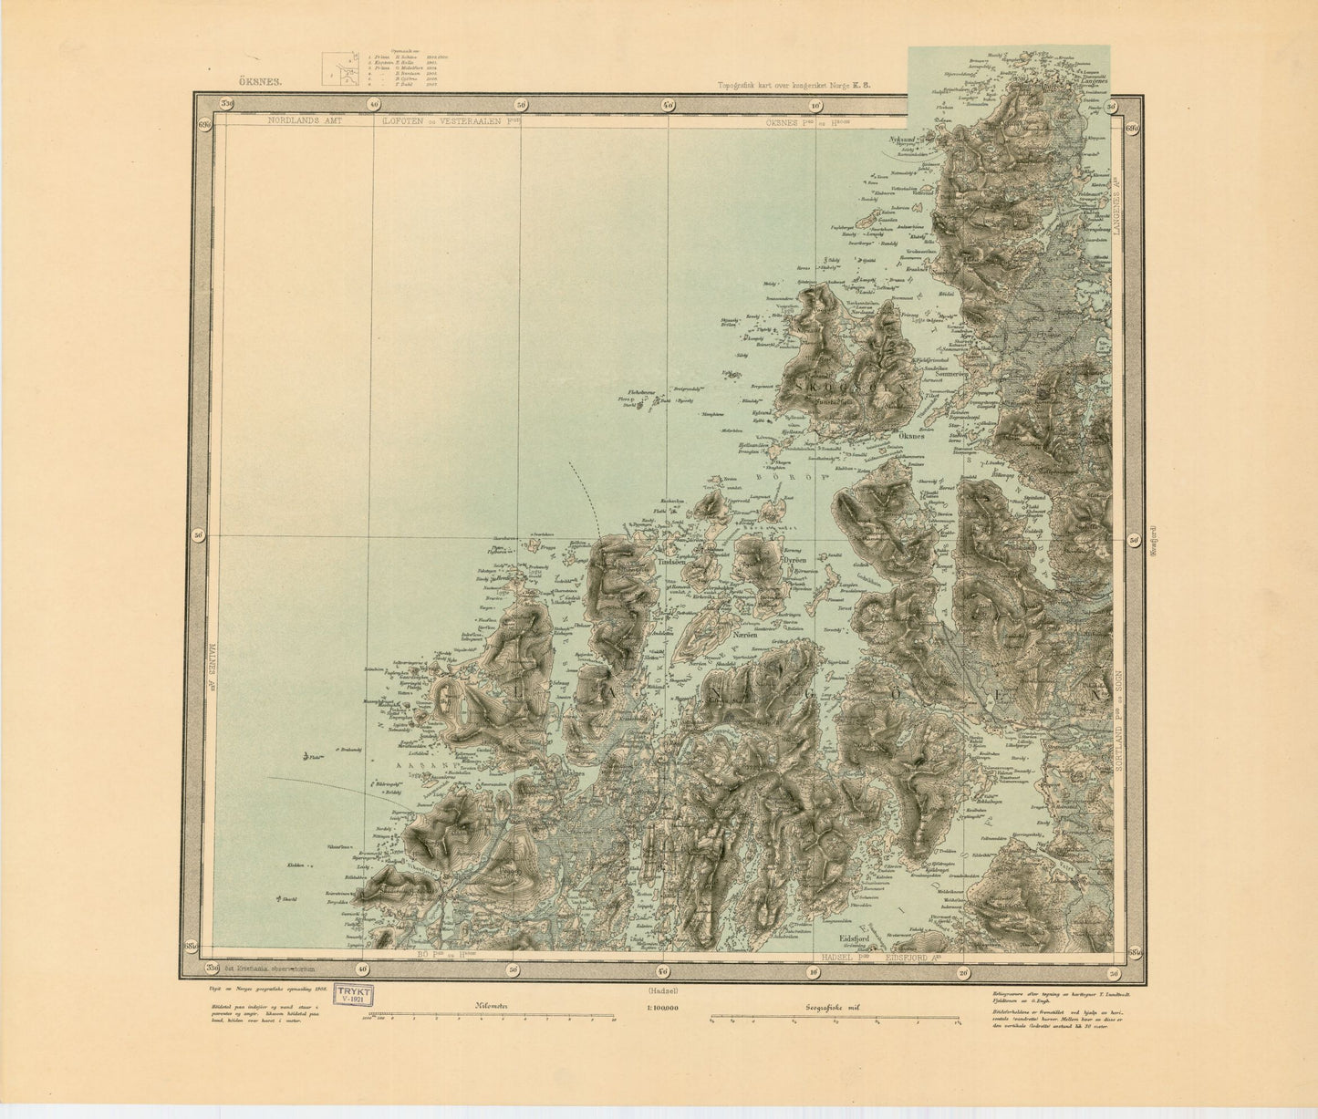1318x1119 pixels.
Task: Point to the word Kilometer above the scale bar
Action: (489, 1008)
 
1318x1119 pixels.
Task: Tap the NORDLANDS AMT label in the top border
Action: (300, 120)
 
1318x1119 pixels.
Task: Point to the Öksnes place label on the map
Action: (914, 436)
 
